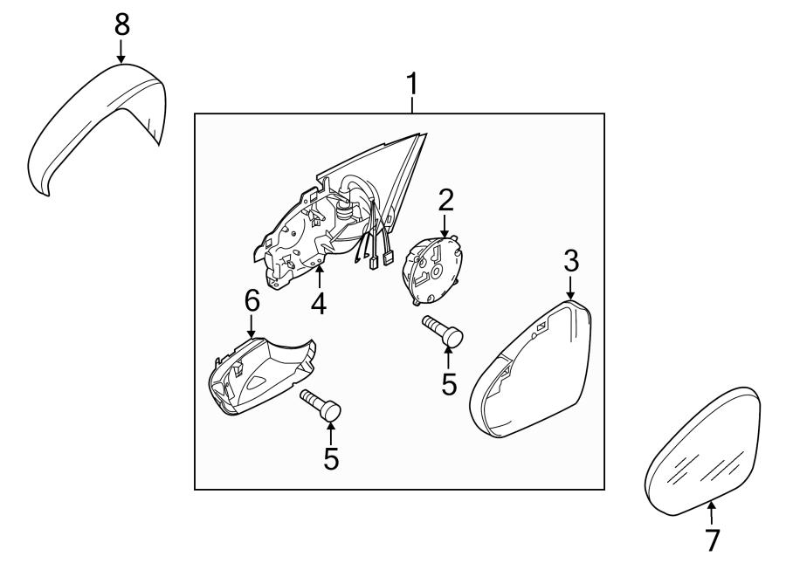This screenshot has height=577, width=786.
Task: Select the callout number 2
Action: (x=445, y=201)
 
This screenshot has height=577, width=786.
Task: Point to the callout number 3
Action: (x=570, y=259)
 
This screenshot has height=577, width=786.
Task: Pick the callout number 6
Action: (x=252, y=301)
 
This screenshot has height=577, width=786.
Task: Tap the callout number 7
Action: (x=712, y=540)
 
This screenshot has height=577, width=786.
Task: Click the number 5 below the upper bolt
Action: (x=449, y=384)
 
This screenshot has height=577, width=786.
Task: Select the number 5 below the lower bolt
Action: (x=331, y=458)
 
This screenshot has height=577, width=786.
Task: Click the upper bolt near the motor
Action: (x=444, y=331)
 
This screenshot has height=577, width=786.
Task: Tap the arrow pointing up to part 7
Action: (x=712, y=513)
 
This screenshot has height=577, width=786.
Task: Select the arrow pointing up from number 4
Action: (x=320, y=278)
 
